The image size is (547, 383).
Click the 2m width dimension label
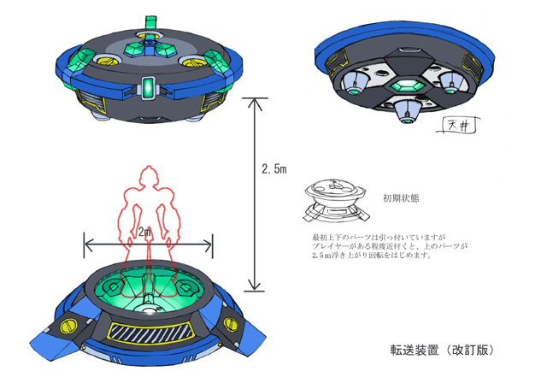pos(146,233)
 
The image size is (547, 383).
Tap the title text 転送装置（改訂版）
pos(441,351)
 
